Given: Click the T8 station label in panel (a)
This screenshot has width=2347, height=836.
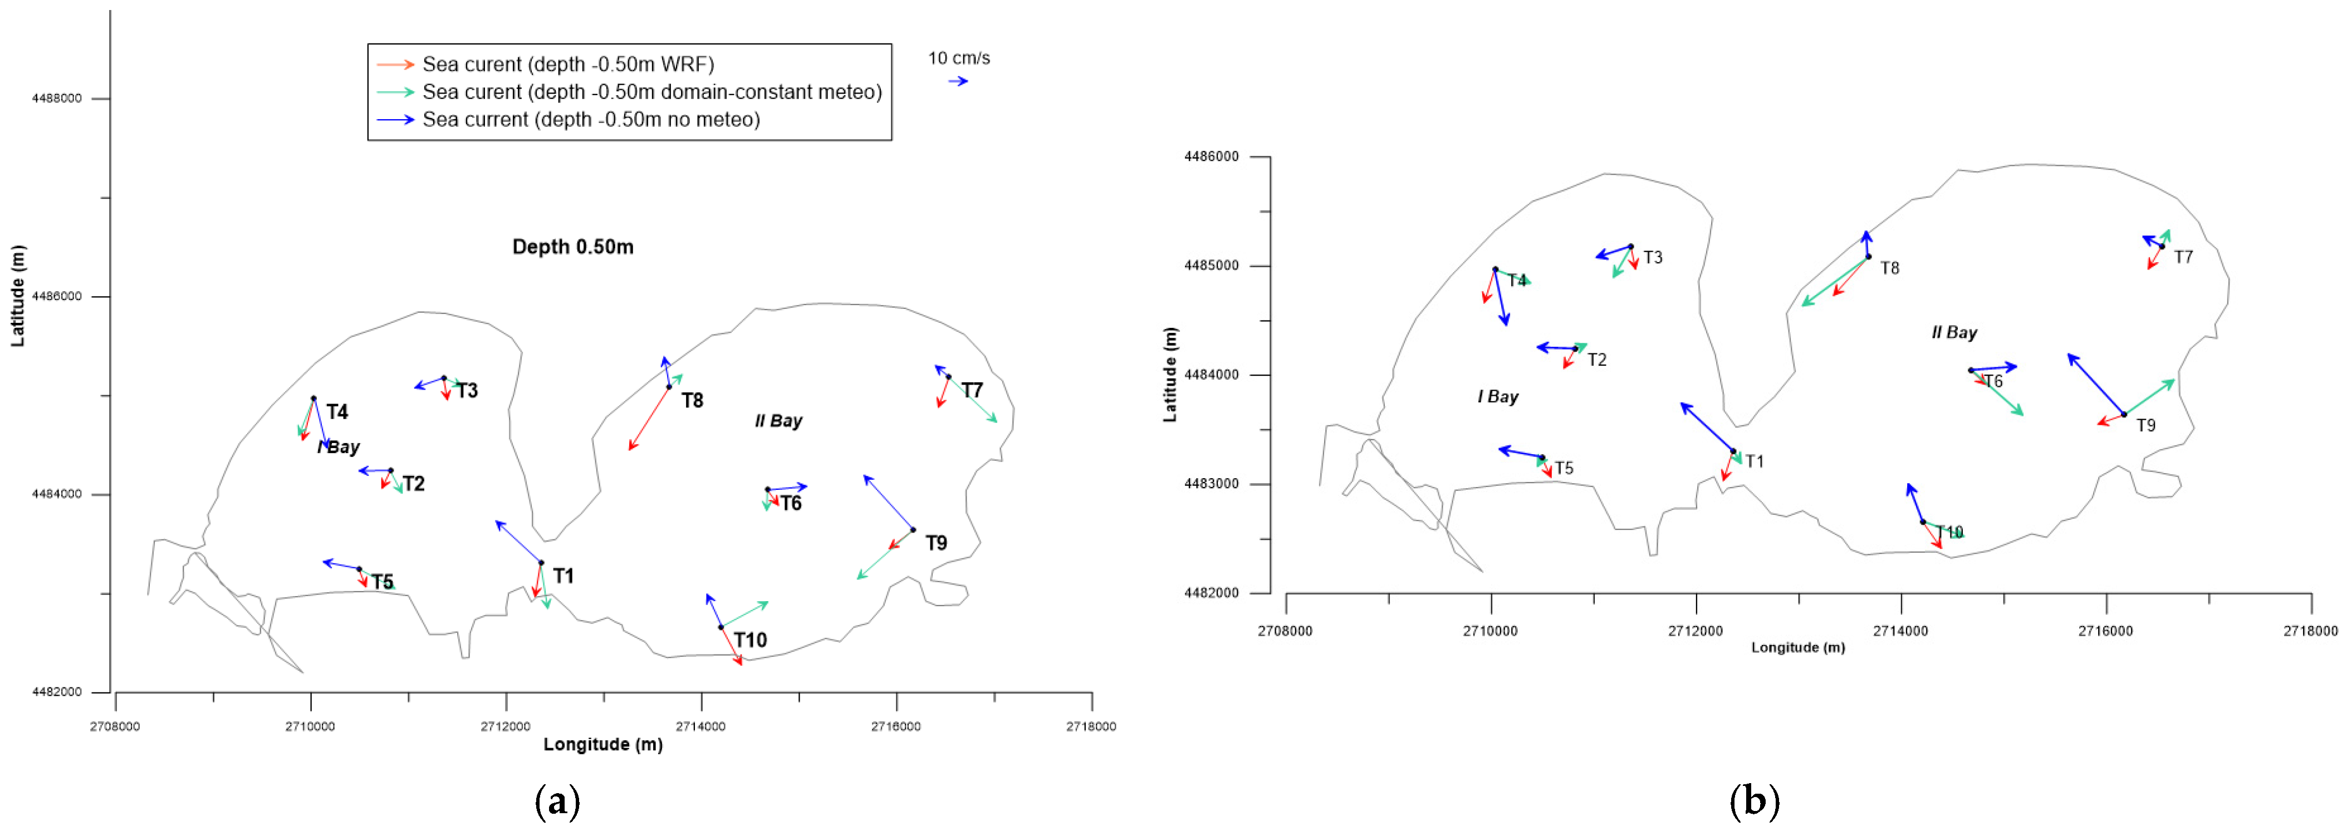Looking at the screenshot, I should [x=693, y=401].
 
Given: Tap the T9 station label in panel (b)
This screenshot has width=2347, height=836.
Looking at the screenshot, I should [x=2145, y=425].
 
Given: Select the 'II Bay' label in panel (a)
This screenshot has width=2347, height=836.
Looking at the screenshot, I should [x=778, y=421].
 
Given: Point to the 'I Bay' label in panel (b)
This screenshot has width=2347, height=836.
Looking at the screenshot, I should [x=1498, y=396].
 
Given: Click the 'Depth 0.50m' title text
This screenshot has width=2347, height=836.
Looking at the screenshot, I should [x=572, y=247].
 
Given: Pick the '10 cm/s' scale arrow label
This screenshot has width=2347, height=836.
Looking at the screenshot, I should [x=958, y=58].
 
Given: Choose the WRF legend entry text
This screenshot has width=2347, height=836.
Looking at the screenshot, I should [x=567, y=65].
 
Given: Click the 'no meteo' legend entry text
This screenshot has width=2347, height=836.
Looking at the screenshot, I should [x=590, y=119].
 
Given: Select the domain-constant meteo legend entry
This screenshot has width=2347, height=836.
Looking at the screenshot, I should [x=651, y=92].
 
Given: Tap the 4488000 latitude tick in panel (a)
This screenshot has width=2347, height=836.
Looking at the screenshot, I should [x=56, y=99].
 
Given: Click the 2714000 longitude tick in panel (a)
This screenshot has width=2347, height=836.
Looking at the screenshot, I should [x=700, y=726].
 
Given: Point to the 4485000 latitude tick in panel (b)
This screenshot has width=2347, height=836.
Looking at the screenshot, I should [x=1211, y=266].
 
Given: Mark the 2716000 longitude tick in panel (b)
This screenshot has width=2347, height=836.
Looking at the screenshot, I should [x=2105, y=630].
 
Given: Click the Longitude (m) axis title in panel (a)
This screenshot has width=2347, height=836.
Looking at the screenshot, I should [x=603, y=744].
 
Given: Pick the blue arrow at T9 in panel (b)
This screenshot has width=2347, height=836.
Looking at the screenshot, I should [x=2095, y=384].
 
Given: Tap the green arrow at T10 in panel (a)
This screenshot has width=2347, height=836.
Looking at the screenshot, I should [x=744, y=614].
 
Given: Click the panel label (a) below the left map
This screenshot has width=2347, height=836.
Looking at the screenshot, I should [x=557, y=801].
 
